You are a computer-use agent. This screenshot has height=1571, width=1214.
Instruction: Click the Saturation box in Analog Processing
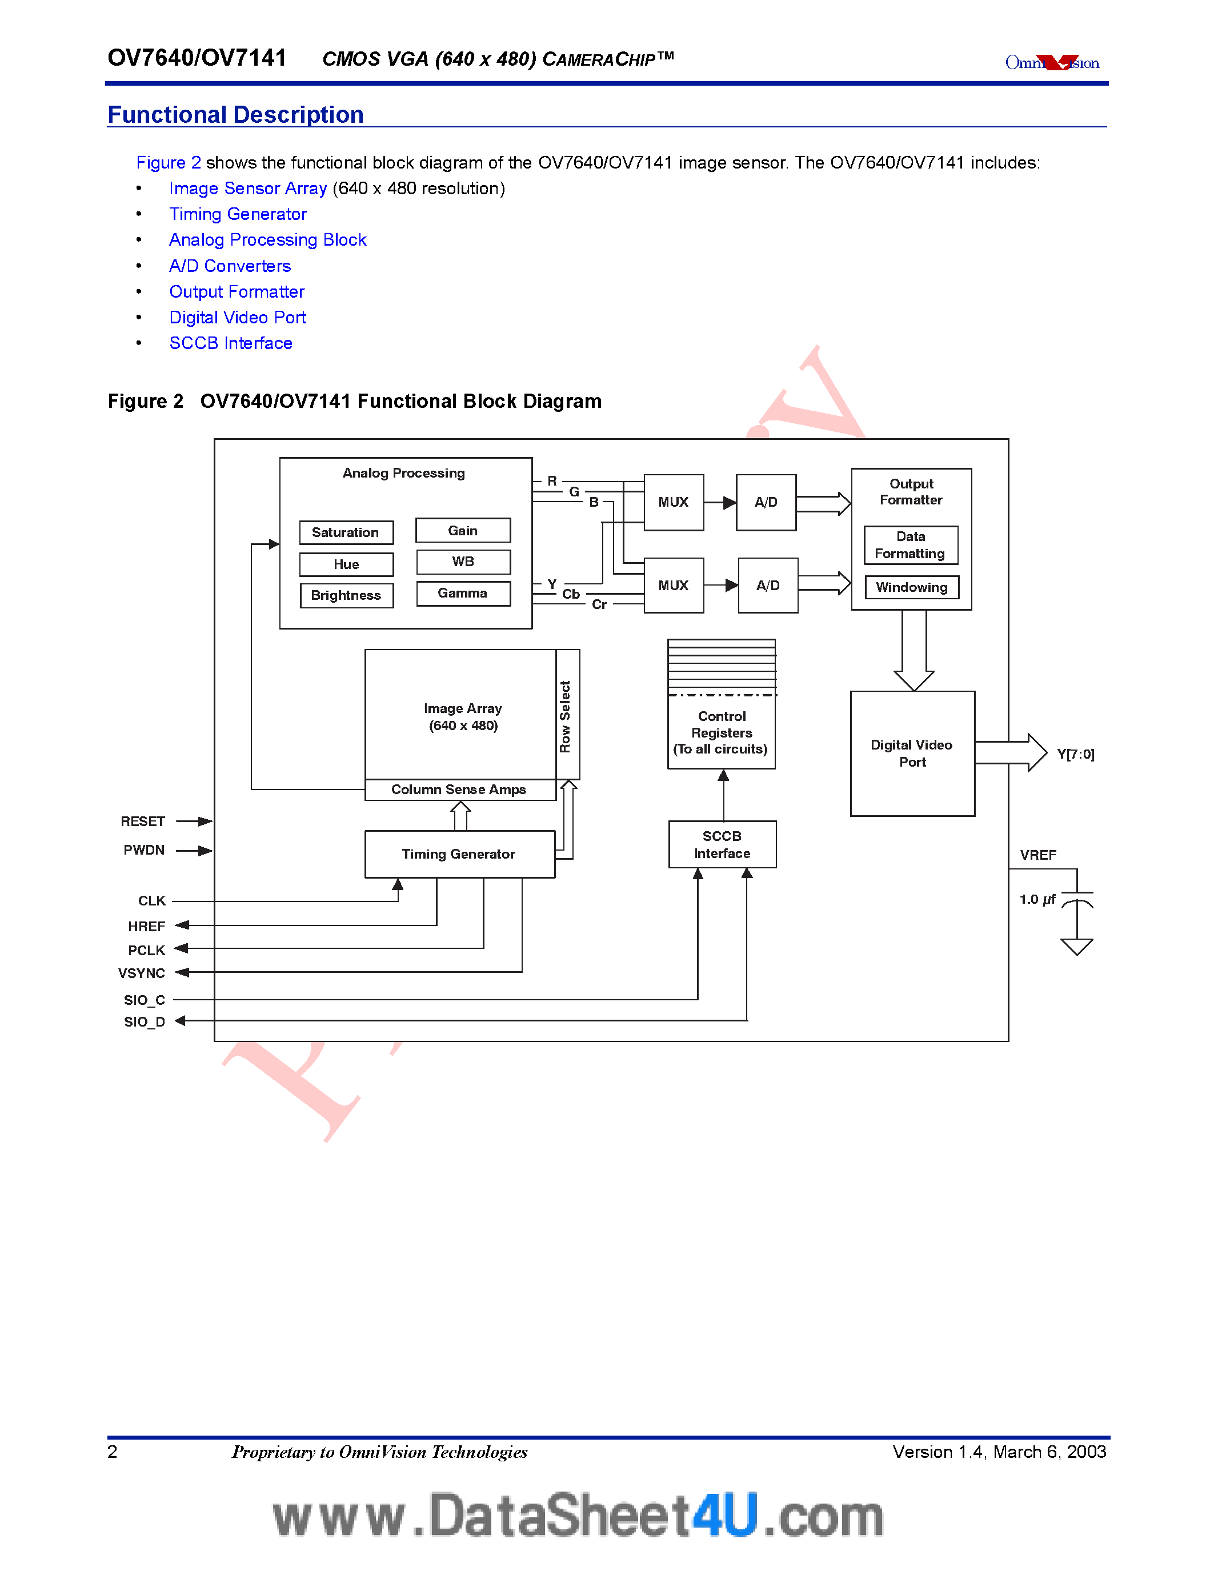[346, 532]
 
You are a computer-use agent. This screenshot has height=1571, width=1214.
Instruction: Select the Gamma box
[463, 594]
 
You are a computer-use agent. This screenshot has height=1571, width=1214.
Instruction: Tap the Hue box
[346, 564]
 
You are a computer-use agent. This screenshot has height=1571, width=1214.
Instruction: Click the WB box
[463, 562]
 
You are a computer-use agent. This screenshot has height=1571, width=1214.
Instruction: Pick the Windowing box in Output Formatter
[911, 587]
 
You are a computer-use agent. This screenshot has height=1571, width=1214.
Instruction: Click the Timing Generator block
[459, 854]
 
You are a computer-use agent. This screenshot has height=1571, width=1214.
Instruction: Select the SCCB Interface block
[722, 844]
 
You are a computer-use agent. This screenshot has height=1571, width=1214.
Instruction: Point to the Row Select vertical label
[566, 716]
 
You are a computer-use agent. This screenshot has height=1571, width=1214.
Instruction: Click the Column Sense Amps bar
[459, 789]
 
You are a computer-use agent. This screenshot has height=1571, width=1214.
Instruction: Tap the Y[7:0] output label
[1075, 754]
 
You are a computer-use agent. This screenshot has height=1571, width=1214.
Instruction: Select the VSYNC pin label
[142, 973]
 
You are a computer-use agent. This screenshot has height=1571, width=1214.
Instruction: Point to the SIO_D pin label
[144, 1021]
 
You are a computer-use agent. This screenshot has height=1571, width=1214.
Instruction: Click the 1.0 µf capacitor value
[1037, 899]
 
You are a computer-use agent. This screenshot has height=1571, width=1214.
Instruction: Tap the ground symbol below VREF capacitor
[1077, 946]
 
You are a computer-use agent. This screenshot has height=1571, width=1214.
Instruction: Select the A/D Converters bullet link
[230, 266]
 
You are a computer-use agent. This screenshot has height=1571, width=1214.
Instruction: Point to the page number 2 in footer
[112, 1452]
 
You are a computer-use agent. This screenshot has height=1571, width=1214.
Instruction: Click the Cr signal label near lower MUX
[599, 604]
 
